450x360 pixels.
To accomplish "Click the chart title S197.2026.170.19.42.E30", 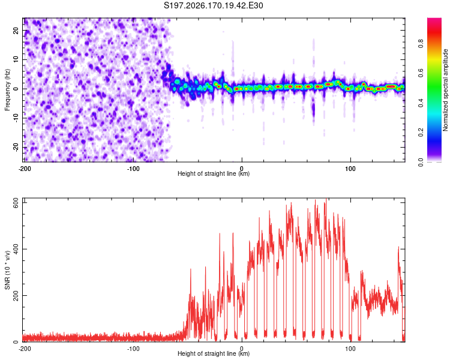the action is click(213, 5).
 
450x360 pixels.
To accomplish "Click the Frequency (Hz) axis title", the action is click(7, 89).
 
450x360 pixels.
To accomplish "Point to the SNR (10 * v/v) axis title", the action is click(7, 270).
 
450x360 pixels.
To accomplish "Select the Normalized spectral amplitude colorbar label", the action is click(445, 90).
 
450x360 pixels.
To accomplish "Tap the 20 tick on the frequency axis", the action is click(16, 30).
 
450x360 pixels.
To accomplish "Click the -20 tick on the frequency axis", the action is click(16, 147).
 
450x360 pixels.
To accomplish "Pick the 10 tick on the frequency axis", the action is click(16, 59).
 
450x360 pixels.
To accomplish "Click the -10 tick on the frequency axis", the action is click(16, 118).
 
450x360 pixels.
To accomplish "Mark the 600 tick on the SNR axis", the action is click(16, 203).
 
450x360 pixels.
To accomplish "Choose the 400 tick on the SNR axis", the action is click(16, 249).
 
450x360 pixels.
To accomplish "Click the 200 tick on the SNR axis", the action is click(16, 295).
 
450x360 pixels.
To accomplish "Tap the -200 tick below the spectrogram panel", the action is click(25, 169).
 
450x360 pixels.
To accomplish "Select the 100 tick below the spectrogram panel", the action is click(350, 169).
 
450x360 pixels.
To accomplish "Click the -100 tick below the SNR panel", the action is click(133, 349).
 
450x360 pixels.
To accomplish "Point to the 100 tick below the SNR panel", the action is click(350, 349).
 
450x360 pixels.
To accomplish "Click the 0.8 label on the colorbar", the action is click(421, 44).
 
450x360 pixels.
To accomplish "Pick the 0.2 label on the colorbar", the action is click(421, 132).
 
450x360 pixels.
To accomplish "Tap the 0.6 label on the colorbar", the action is click(421, 73).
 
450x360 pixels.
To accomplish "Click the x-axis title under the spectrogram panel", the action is click(214, 173).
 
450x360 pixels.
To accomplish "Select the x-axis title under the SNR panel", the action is click(214, 353).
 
